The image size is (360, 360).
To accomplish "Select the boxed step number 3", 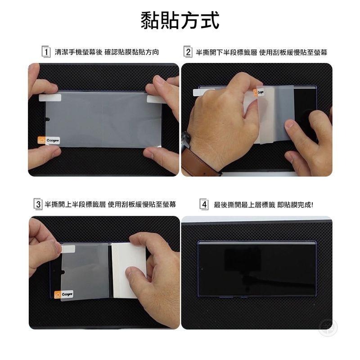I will coord(38,205).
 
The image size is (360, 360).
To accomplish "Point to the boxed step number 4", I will coord(204,205).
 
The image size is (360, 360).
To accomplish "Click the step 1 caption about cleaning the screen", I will coord(107,53).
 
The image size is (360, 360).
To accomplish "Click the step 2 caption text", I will coord(261,53).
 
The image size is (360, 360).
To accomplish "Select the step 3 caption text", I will coord(110,205).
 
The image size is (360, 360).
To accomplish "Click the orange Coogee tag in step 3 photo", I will coord(64,294).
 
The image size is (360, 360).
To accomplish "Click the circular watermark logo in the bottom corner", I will coord(328,328).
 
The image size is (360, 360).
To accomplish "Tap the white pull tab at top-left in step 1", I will coord(49,98).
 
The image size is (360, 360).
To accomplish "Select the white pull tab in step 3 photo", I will coord(68,249).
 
